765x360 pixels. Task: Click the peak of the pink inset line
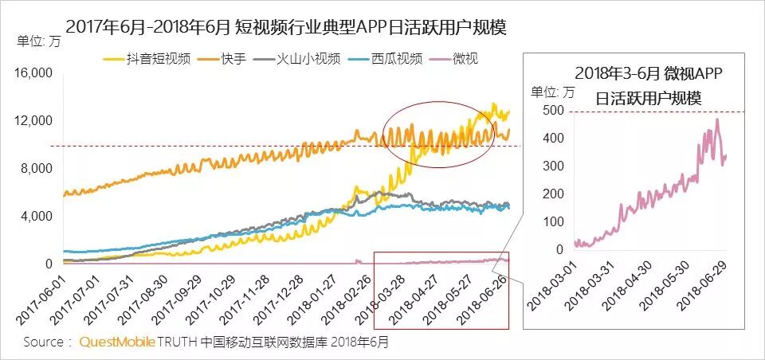coord(717,119)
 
